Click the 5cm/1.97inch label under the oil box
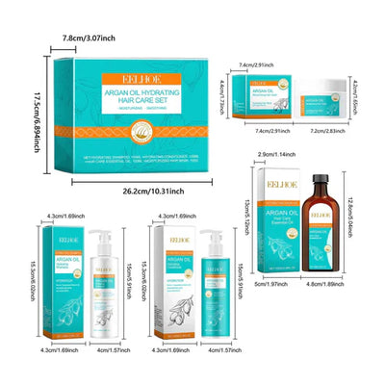(x=274, y=284)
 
